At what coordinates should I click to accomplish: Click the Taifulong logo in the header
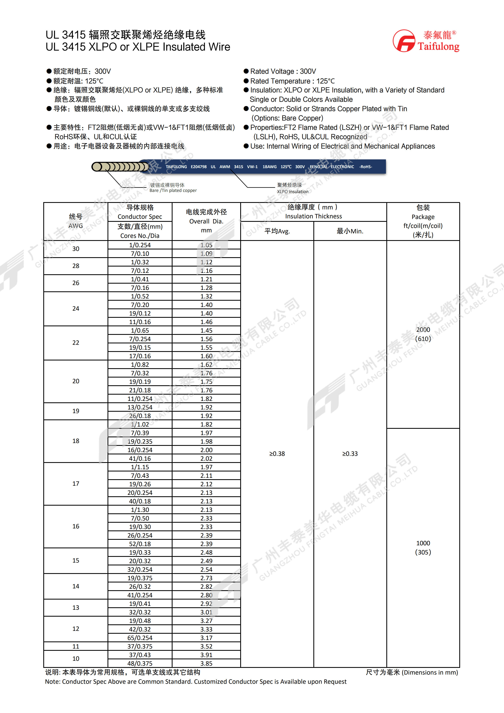[426, 41]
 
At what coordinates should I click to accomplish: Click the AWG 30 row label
[76, 249]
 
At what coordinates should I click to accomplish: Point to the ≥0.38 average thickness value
[277, 454]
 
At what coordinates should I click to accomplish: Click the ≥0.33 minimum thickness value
[350, 454]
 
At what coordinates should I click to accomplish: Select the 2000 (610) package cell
[423, 334]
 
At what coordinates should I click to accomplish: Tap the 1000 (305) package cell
[423, 548]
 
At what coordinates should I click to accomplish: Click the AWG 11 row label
[76, 646]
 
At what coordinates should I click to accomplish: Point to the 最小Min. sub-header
[350, 231]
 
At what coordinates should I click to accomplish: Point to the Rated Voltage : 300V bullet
[283, 71]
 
